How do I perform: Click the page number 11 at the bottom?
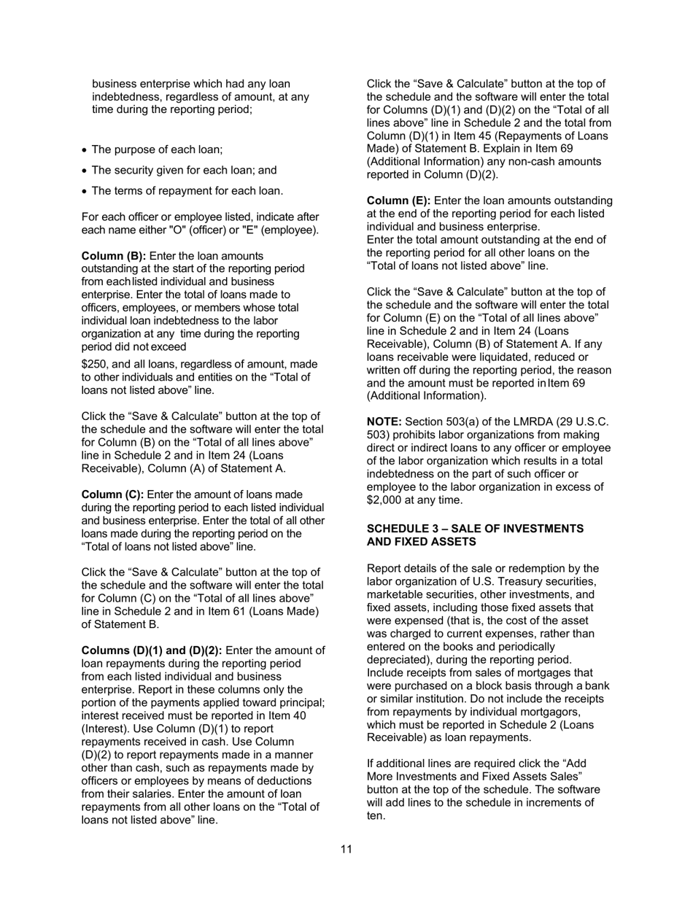pos(346,849)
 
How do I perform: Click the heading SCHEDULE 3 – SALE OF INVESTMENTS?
pos(475,529)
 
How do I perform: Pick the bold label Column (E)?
pos(398,201)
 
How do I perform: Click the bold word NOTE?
pos(384,422)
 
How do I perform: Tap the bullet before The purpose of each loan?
pos(85,150)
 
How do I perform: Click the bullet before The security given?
pos(85,171)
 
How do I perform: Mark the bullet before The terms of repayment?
pos(85,192)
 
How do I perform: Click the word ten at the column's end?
pos(374,816)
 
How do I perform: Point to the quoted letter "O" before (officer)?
pos(179,230)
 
